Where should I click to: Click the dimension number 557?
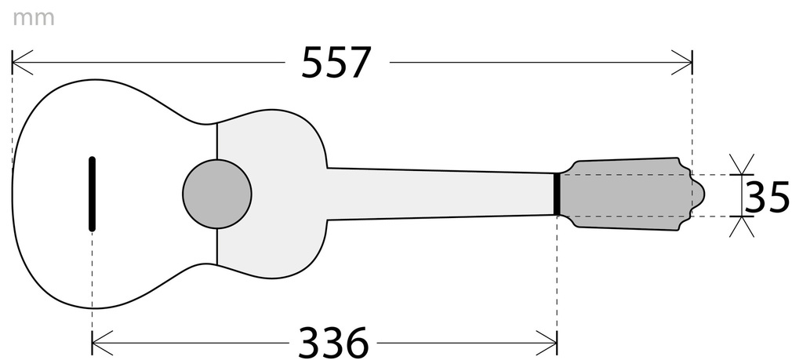(336, 63)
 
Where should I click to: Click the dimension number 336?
(333, 342)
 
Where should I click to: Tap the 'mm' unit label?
(33, 19)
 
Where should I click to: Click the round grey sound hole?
(217, 194)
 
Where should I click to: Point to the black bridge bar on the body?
(93, 194)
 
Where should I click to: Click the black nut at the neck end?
(557, 195)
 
